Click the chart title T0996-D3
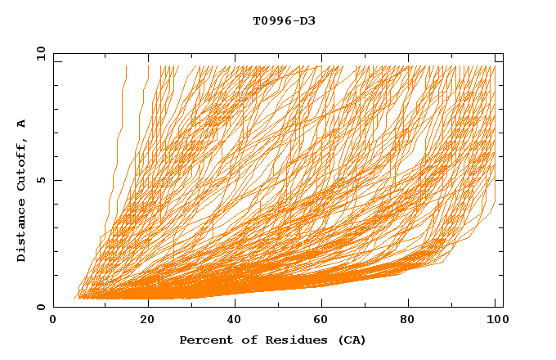284,20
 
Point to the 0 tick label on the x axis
53,320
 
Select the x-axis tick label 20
148,320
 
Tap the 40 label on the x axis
235,320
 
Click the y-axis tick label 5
40,181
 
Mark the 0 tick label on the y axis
40,308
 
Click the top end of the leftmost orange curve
126,66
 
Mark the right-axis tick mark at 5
500,181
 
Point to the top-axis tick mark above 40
235,56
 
